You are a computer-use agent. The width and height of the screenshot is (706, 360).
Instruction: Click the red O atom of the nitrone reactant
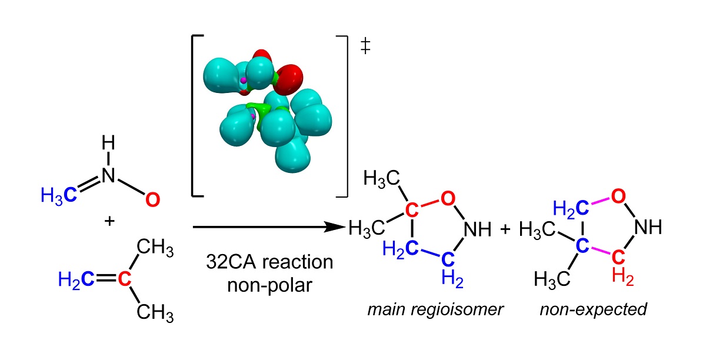click(x=151, y=200)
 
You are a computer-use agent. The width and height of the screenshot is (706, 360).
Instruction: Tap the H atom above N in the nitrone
click(x=107, y=143)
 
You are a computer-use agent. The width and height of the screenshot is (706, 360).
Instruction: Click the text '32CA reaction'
click(x=269, y=261)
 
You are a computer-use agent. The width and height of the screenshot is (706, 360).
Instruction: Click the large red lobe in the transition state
click(x=288, y=76)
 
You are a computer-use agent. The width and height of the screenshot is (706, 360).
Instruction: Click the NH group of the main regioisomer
click(x=477, y=228)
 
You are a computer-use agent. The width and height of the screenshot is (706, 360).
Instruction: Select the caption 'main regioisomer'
click(x=435, y=309)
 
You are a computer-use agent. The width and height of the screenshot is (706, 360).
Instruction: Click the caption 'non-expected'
click(x=593, y=309)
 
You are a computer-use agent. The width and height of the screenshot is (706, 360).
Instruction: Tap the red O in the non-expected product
click(x=618, y=197)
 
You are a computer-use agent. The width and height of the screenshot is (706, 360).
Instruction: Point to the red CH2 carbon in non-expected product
click(x=618, y=256)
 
